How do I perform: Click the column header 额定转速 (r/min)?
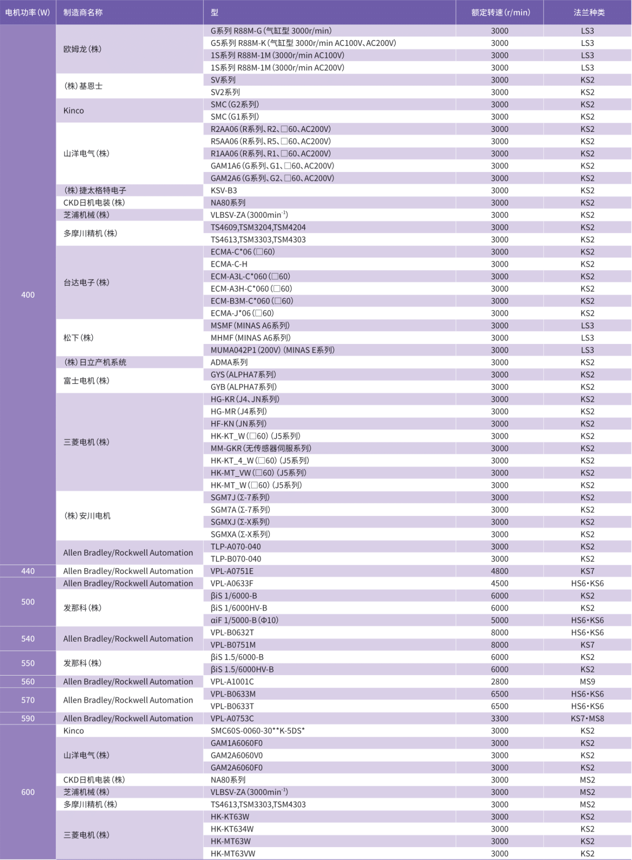tap(500, 12)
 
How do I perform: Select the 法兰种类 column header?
tap(589, 12)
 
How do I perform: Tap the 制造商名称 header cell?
tap(83, 12)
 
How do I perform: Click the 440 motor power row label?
tap(28, 571)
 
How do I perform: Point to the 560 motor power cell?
tap(28, 681)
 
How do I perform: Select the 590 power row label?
tap(28, 718)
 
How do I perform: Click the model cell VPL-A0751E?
tap(232, 571)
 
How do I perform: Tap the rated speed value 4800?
tap(500, 571)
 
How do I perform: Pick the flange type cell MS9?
tap(588, 681)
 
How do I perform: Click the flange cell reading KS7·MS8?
tap(588, 718)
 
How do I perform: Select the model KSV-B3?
tap(224, 190)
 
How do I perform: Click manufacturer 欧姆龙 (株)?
tap(82, 49)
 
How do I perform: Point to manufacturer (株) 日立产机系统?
tap(95, 362)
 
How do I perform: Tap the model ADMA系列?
tap(229, 362)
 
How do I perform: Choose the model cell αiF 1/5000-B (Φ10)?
tap(245, 620)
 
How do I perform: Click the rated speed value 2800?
tap(500, 681)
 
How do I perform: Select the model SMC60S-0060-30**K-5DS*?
tap(257, 731)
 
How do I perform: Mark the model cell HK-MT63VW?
tap(233, 853)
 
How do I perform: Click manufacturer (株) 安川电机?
tap(87, 516)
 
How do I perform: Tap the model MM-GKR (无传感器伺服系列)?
tap(261, 448)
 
